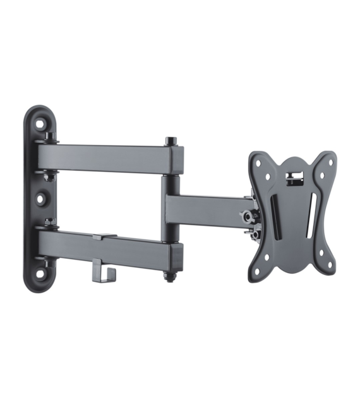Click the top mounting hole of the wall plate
tap(40, 124)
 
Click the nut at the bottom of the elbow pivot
tap(171, 276)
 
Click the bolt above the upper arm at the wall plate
tap(49, 135)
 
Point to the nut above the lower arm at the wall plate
tap(49, 223)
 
